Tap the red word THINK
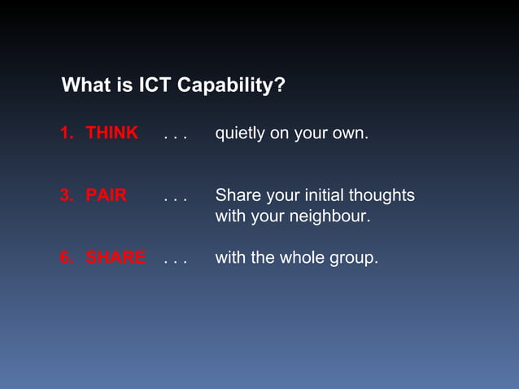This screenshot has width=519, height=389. [111, 133]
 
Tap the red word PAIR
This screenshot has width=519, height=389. [106, 196]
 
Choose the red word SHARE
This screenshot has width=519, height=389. [116, 258]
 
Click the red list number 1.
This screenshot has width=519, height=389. [66, 133]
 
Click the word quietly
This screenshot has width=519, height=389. [240, 133]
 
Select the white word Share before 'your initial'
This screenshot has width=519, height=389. [236, 196]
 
